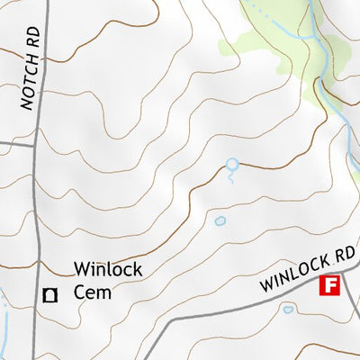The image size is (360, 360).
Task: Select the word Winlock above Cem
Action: [x=108, y=269]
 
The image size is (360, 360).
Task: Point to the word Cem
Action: [x=91, y=292]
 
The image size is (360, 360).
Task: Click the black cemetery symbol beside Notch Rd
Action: [x=51, y=293]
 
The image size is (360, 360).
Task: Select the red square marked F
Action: [x=329, y=286]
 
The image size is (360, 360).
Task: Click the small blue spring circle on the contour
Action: [x=232, y=165]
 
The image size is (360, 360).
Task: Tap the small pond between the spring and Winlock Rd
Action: [x=220, y=220]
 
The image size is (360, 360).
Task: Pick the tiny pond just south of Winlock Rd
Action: [x=288, y=309]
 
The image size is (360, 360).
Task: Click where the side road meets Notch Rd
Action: [x=36, y=142]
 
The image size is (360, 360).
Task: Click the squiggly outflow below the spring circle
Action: [x=231, y=177]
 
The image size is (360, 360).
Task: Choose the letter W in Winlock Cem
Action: [x=82, y=269]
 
